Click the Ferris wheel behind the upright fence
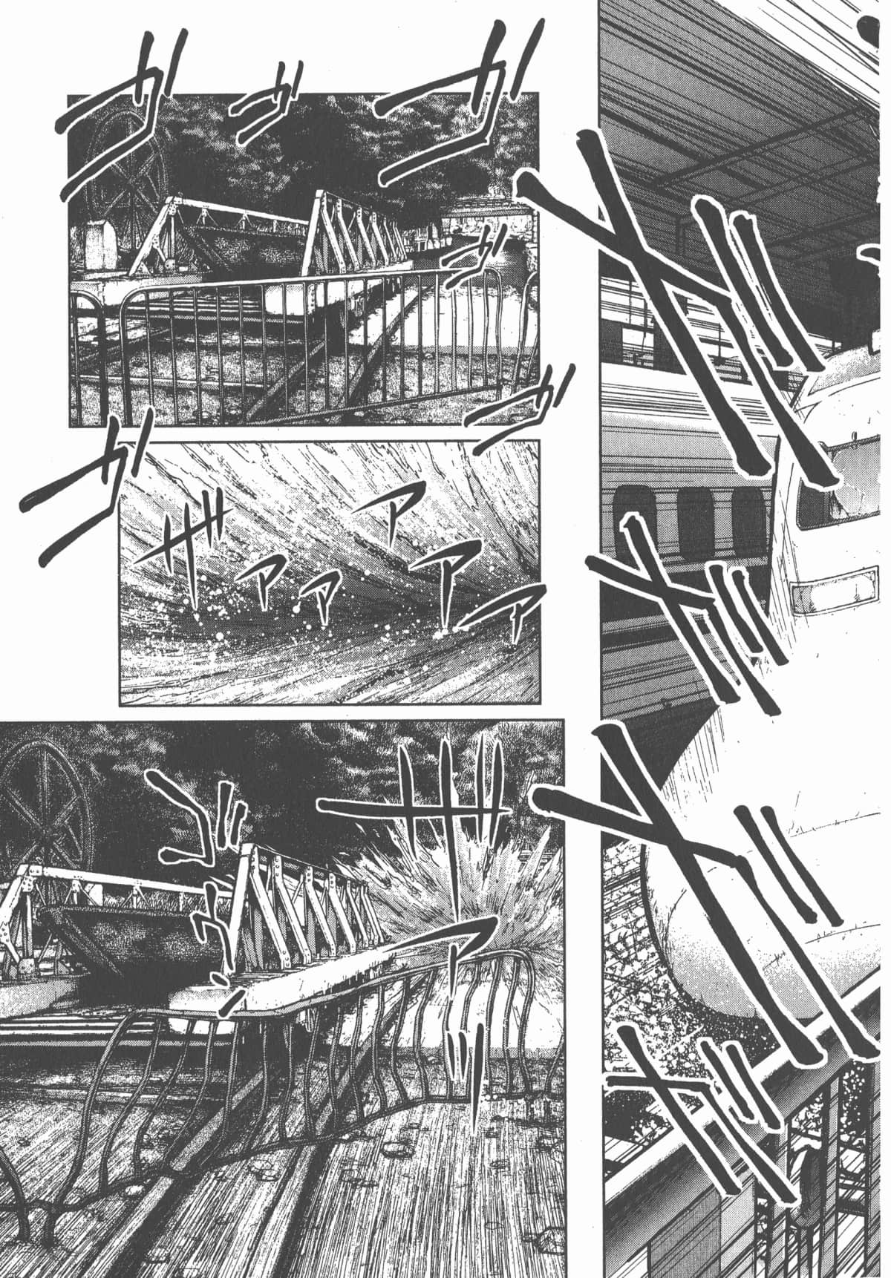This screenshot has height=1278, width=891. coord(126,174)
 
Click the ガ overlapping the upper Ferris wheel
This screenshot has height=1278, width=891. coord(126,137)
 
